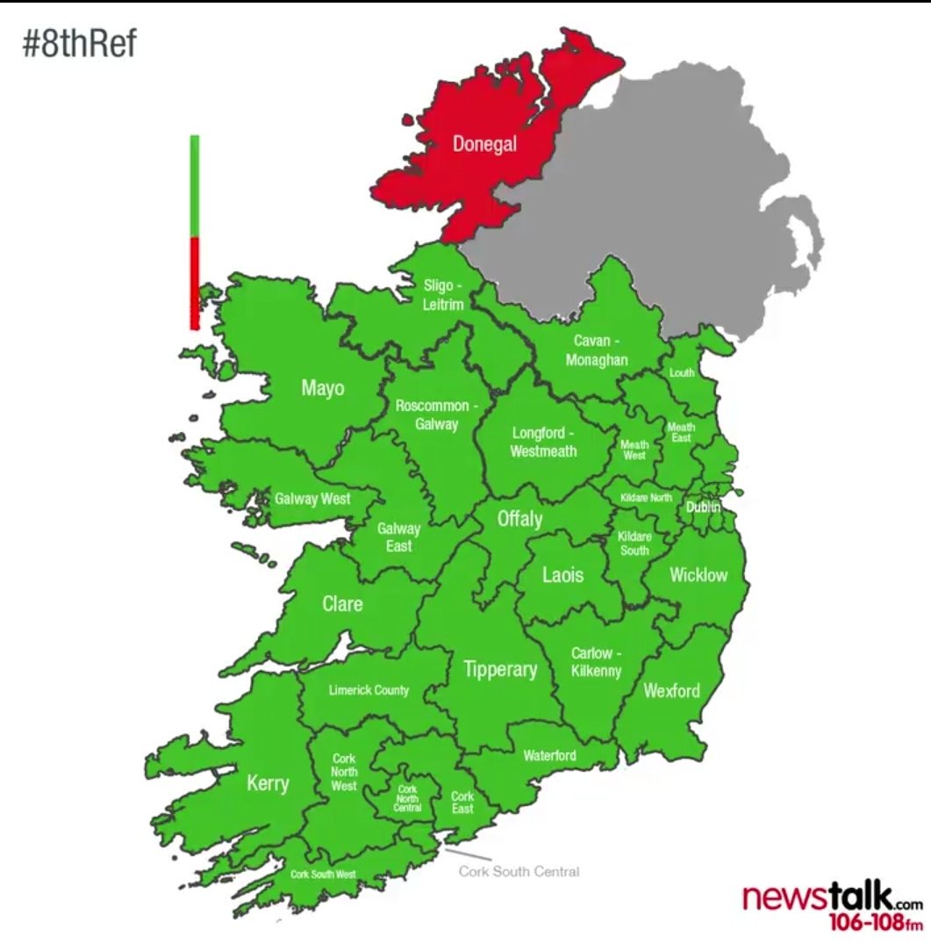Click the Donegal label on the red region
484,144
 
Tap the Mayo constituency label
323,387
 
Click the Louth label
682,373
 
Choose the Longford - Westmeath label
544,442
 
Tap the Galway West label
312,499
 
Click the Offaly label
519,519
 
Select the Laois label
562,575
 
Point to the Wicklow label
698,575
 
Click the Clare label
342,604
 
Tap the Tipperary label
500,669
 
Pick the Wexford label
672,690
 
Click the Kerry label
268,782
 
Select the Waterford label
549,755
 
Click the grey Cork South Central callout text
519,872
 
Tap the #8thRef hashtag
79,43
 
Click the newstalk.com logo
833,907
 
